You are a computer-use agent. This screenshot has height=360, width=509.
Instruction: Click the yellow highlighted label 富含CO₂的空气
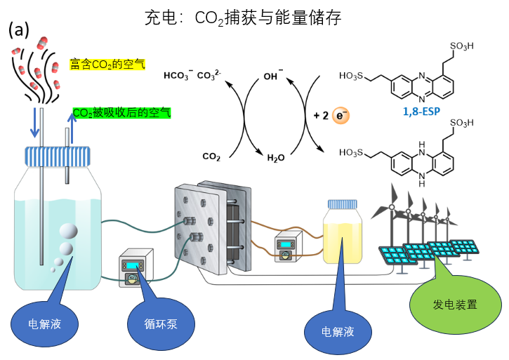[107, 64]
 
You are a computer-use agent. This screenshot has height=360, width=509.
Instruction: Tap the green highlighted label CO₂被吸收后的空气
[121, 112]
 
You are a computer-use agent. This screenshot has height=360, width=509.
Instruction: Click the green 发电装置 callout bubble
[456, 305]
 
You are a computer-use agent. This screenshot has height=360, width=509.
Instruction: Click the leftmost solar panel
[397, 254]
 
